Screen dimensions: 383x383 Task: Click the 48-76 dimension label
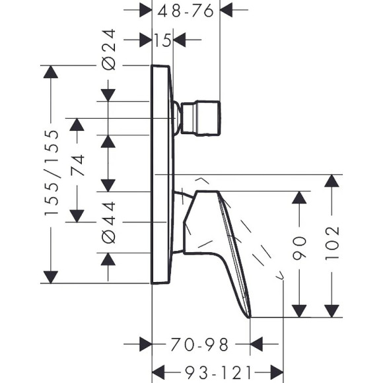click(x=186, y=11)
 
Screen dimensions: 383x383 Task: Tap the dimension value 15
click(x=162, y=40)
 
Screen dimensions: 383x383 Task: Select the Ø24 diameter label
click(x=109, y=50)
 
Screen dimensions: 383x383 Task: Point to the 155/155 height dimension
click(x=52, y=173)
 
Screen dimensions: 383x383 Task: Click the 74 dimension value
click(x=77, y=165)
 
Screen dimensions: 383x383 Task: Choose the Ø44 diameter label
click(x=109, y=223)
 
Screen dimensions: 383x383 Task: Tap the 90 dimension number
click(x=299, y=248)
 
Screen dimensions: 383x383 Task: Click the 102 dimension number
click(x=332, y=244)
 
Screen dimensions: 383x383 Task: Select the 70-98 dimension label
click(x=199, y=345)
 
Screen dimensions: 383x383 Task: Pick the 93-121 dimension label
click(x=218, y=372)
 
